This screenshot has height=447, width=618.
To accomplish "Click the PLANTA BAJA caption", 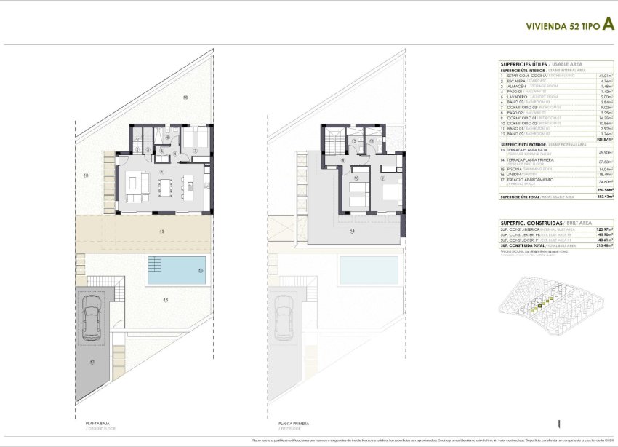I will pyautogui.click(x=87, y=422).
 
